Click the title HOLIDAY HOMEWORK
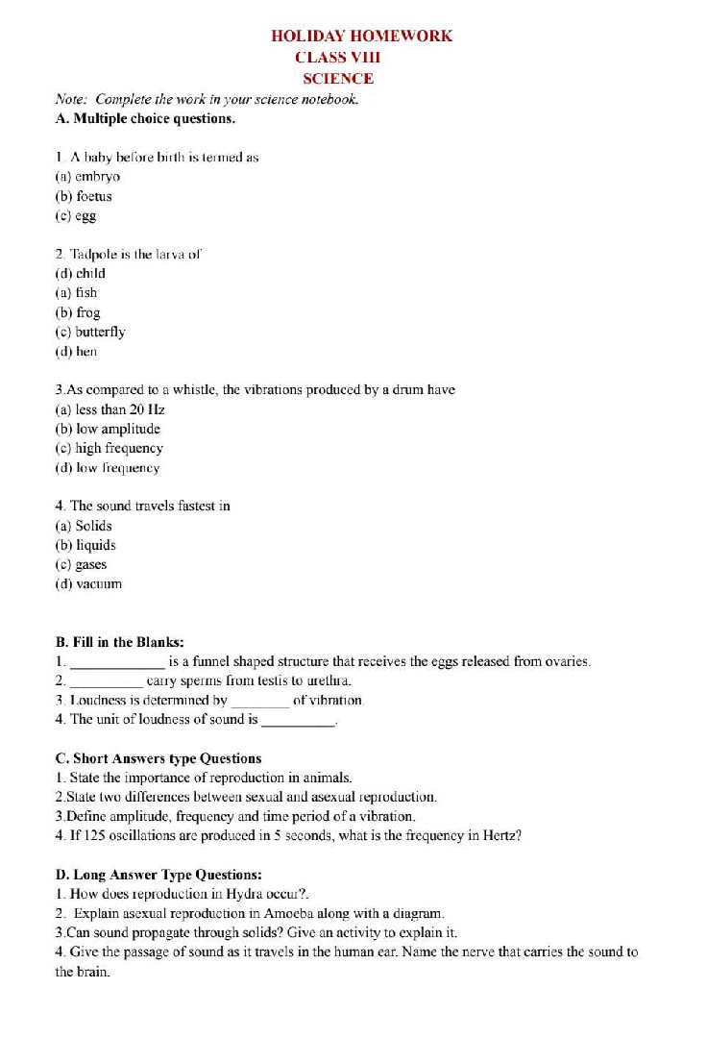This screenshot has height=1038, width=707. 361,36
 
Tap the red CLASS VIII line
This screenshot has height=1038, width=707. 344,58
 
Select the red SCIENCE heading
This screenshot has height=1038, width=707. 338,79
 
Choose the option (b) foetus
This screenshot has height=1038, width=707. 84,196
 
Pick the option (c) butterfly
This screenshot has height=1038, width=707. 90,332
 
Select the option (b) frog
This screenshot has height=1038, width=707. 78,312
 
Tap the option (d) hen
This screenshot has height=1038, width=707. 77,352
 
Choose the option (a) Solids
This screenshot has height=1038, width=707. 84,526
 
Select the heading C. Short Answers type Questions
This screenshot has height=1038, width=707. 158,758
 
